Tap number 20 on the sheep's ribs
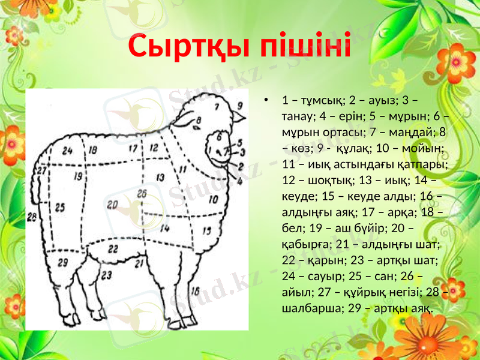coord(112,205)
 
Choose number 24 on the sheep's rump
coord(67,150)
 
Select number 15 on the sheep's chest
coord(207,230)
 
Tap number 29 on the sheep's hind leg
coord(62,262)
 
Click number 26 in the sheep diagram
coord(142,193)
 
